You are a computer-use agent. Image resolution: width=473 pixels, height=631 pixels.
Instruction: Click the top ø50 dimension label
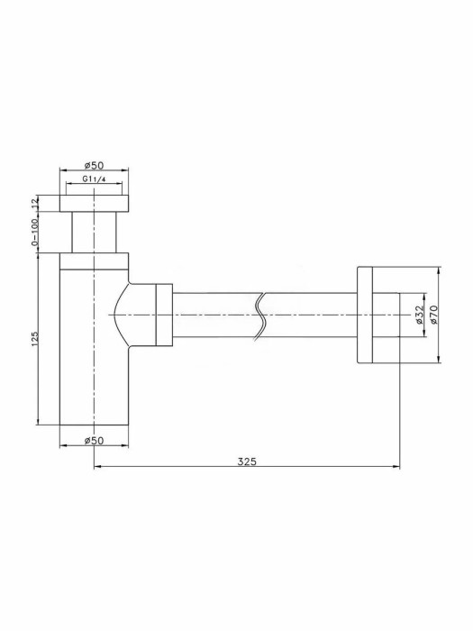pyautogui.click(x=94, y=165)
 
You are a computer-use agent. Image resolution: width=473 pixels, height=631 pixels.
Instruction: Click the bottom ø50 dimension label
pyautogui.click(x=94, y=441)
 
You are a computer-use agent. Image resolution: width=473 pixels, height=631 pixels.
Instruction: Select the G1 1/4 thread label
pyautogui.click(x=94, y=179)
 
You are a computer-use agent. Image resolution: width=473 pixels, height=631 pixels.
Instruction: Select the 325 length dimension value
pyautogui.click(x=247, y=462)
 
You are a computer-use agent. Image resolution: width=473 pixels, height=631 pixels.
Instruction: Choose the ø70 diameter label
pyautogui.click(x=432, y=315)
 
